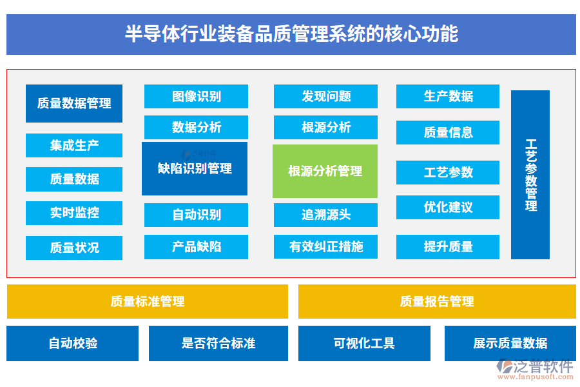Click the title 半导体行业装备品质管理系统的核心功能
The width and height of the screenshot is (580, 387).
click(291, 34)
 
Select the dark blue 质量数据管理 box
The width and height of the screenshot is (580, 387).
click(74, 103)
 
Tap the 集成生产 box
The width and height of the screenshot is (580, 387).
click(74, 145)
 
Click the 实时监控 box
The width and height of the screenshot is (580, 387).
click(74, 213)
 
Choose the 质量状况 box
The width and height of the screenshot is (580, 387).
click(74, 248)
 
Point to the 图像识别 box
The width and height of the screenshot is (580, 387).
click(196, 97)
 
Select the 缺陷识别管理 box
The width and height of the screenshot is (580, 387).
click(195, 168)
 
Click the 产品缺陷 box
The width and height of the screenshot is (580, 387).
click(196, 247)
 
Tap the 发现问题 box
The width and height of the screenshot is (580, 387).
click(325, 97)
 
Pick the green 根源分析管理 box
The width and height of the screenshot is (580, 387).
click(325, 171)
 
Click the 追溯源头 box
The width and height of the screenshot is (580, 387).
click(325, 215)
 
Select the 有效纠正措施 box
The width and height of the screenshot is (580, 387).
click(325, 247)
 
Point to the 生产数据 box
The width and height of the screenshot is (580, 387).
click(448, 97)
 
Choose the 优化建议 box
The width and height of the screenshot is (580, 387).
click(448, 208)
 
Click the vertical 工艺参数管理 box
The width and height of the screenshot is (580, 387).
click(530, 175)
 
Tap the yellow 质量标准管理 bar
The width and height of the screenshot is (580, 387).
click(148, 301)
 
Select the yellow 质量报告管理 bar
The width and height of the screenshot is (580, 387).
click(437, 301)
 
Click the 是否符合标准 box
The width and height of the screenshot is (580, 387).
click(218, 343)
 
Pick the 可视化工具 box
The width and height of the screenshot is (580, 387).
click(364, 343)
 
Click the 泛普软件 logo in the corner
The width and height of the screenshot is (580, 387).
click(534, 368)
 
